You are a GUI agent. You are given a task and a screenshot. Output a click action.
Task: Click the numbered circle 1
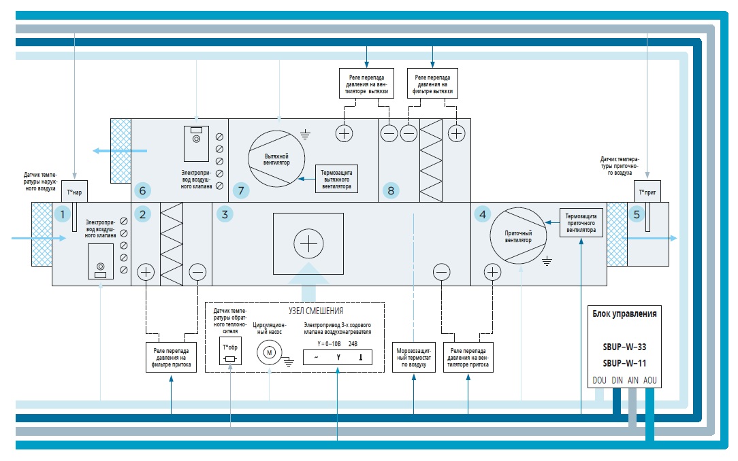(62, 215)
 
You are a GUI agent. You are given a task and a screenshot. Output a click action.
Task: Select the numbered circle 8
(390, 190)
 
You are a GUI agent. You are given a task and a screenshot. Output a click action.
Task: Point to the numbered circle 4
(483, 215)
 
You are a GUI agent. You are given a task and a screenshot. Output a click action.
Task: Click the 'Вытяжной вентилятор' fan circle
(277, 160)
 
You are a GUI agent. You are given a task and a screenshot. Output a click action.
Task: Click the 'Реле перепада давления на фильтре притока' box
(171, 356)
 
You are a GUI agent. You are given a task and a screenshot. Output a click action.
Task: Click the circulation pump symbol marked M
(268, 353)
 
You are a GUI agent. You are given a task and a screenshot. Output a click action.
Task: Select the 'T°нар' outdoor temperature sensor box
(74, 192)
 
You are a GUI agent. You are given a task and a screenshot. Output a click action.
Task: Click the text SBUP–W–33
(624, 346)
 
